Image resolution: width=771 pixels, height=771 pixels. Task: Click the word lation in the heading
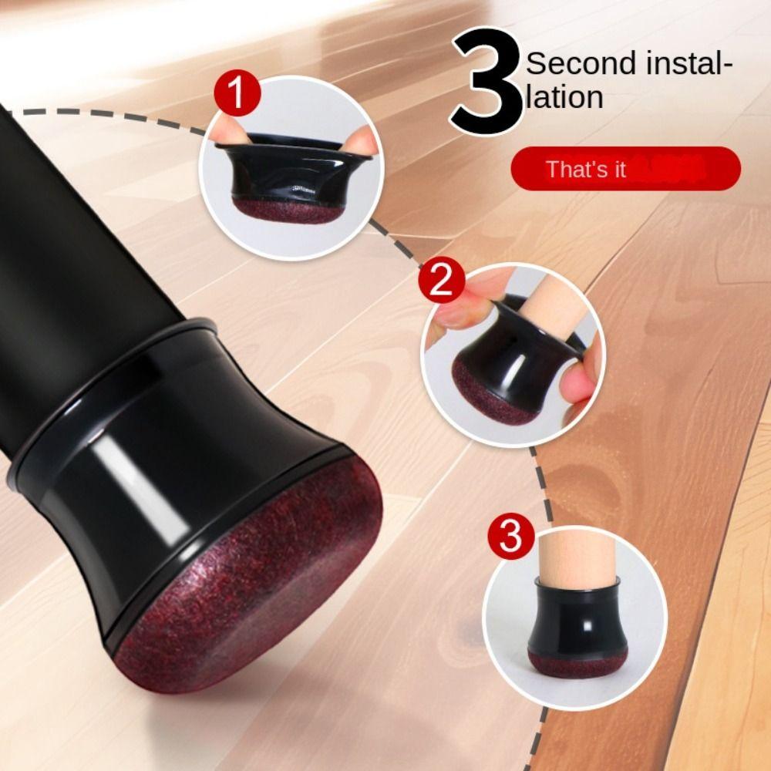(x=564, y=98)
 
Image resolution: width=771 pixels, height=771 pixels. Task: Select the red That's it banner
(x=625, y=168)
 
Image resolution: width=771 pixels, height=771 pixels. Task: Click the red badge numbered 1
(x=239, y=96)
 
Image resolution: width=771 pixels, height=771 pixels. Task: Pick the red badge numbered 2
(x=441, y=283)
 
